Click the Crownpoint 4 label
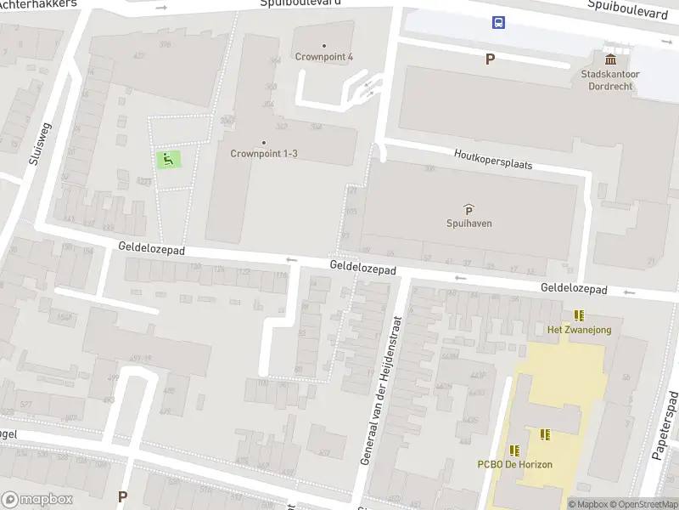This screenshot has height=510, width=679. pyautogui.click(x=324, y=57)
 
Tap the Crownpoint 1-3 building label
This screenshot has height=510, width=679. pyautogui.click(x=264, y=154)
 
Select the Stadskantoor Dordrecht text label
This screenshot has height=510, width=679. pyautogui.click(x=610, y=80)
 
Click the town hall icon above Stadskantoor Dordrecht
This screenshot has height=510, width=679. pyautogui.click(x=610, y=59)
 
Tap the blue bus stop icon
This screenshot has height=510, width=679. pyautogui.click(x=498, y=23)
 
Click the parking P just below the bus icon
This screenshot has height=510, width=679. pyautogui.click(x=490, y=59)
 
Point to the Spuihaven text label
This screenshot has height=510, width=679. pyautogui.click(x=469, y=224)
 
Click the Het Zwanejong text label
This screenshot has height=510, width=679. pyautogui.click(x=580, y=330)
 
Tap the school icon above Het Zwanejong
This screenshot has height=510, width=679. pyautogui.click(x=580, y=315)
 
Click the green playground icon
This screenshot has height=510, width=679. pyautogui.click(x=167, y=158)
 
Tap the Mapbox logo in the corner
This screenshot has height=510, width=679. pyautogui.click(x=37, y=500)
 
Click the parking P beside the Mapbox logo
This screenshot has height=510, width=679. pyautogui.click(x=122, y=496)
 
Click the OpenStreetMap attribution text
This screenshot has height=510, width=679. pyautogui.click(x=642, y=504)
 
